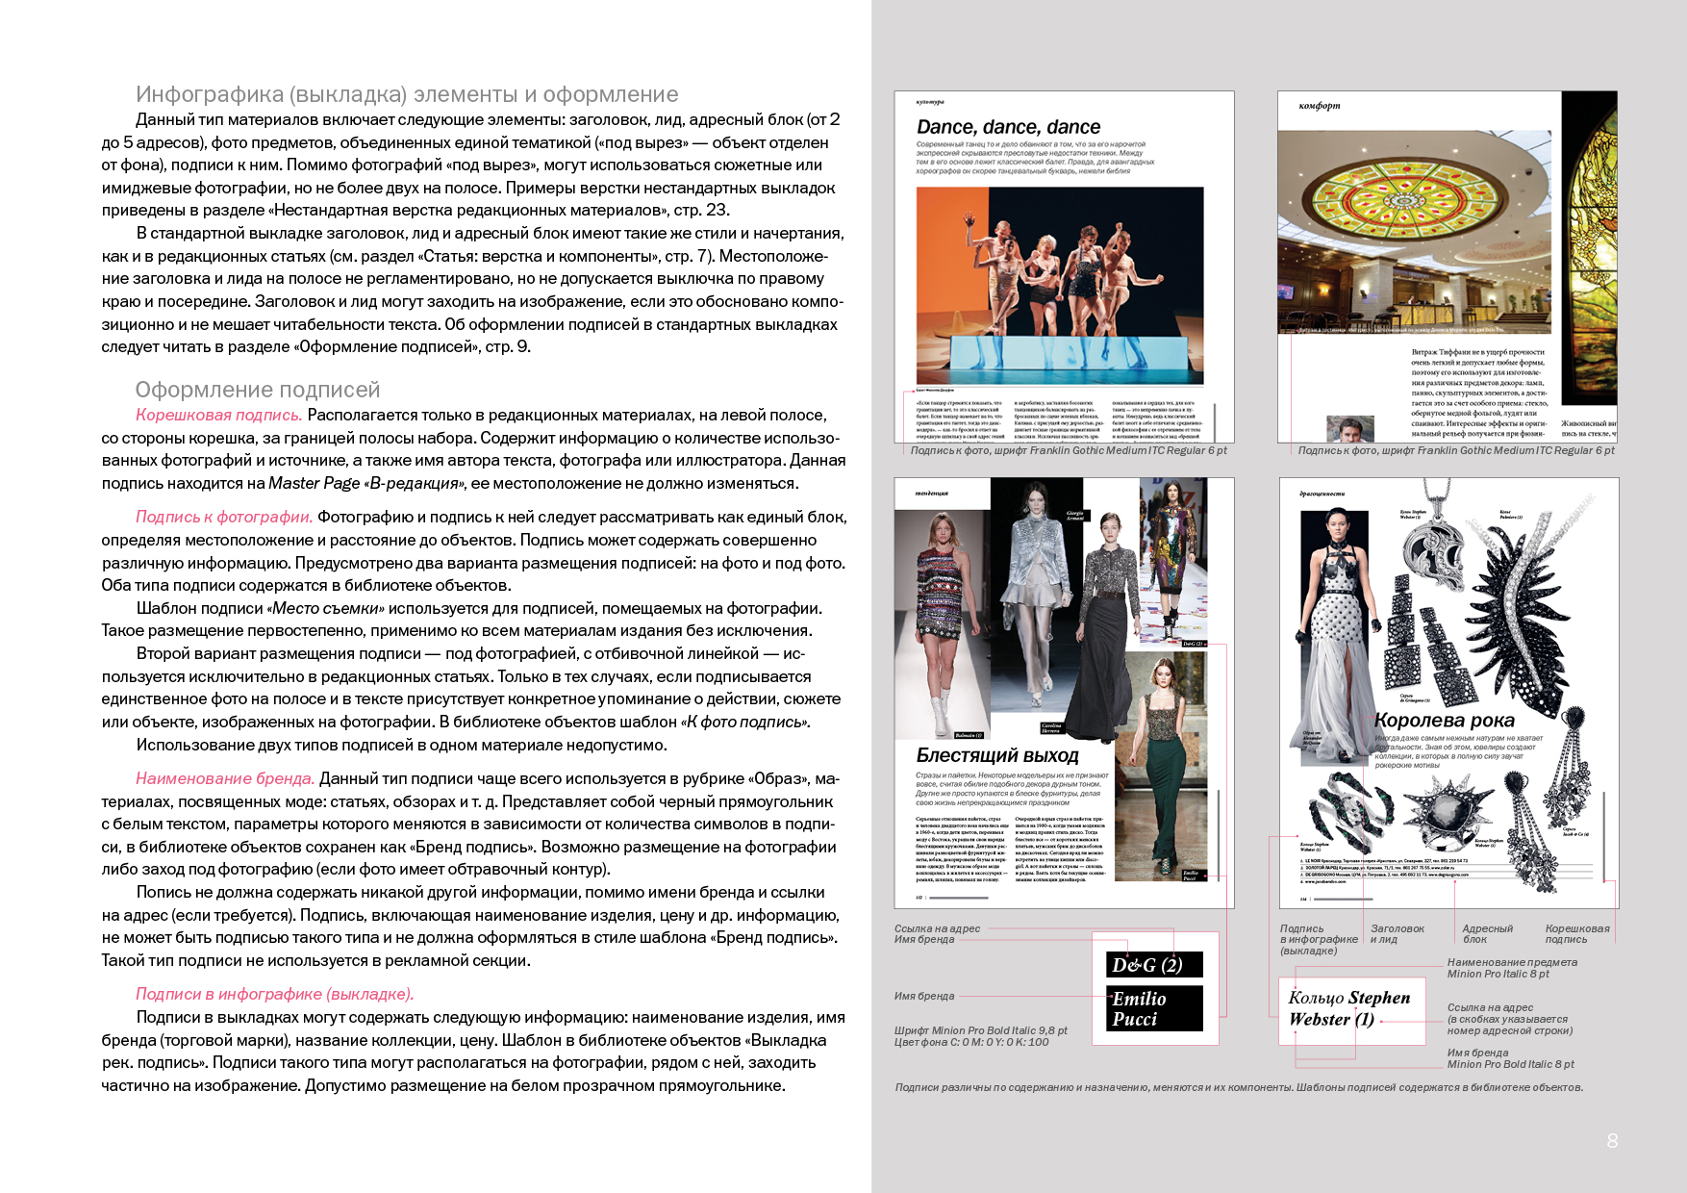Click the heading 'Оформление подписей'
click(x=257, y=390)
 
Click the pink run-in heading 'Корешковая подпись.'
click(x=218, y=415)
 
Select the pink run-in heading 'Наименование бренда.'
click(x=225, y=778)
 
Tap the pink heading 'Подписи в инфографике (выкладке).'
click(x=274, y=994)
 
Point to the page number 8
click(x=1612, y=1141)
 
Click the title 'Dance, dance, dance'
click(x=1008, y=127)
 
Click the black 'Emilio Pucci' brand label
click(x=1154, y=1008)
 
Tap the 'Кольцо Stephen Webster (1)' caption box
click(x=1350, y=1009)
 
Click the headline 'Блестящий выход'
click(x=997, y=755)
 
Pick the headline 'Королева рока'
click(x=1444, y=721)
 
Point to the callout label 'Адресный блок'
click(x=1487, y=933)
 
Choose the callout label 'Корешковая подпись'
click(x=1576, y=933)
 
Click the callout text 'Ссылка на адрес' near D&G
click(x=937, y=928)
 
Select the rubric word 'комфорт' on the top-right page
click(x=1319, y=106)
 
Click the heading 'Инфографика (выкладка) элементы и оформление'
click(x=407, y=94)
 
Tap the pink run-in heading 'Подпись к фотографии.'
click(x=224, y=517)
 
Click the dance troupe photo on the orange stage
click(x=1059, y=286)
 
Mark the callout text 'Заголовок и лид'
click(x=1397, y=933)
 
